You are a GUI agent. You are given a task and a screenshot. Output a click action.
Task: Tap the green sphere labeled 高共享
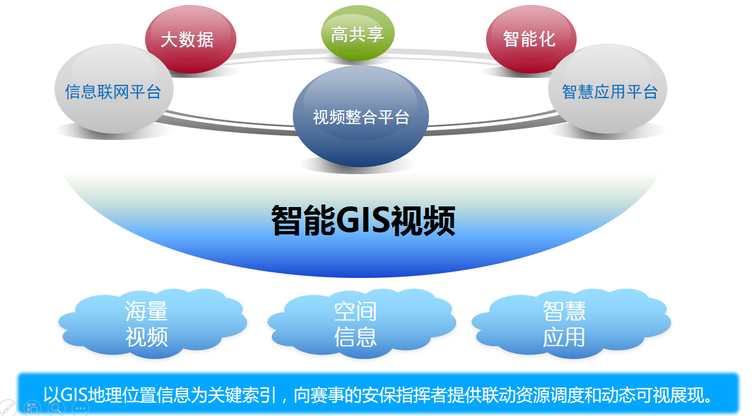coord(357,34)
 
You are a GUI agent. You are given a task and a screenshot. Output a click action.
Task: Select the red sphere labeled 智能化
coord(530,39)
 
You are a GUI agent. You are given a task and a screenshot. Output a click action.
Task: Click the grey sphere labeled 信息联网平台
coord(113,91)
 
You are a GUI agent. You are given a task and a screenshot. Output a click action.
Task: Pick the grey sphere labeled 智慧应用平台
coord(609,91)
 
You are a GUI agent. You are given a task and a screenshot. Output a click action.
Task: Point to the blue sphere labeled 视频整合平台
coord(361,117)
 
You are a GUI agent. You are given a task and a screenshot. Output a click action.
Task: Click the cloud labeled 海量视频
coord(147,324)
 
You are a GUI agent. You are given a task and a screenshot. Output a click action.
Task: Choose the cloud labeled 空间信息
coord(356,324)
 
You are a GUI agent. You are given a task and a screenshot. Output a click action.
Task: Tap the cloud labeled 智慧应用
coord(564,324)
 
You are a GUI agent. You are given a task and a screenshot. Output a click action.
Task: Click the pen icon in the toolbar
coord(7,408)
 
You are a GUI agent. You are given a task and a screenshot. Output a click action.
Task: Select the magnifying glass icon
coord(56,408)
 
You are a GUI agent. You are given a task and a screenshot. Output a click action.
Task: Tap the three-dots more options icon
coord(80,408)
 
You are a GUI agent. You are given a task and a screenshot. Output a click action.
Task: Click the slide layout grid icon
coord(32,408)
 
